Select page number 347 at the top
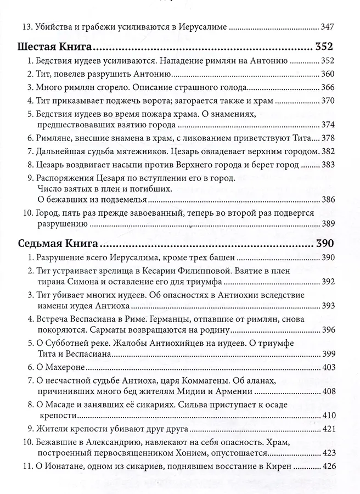tap(327, 26)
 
